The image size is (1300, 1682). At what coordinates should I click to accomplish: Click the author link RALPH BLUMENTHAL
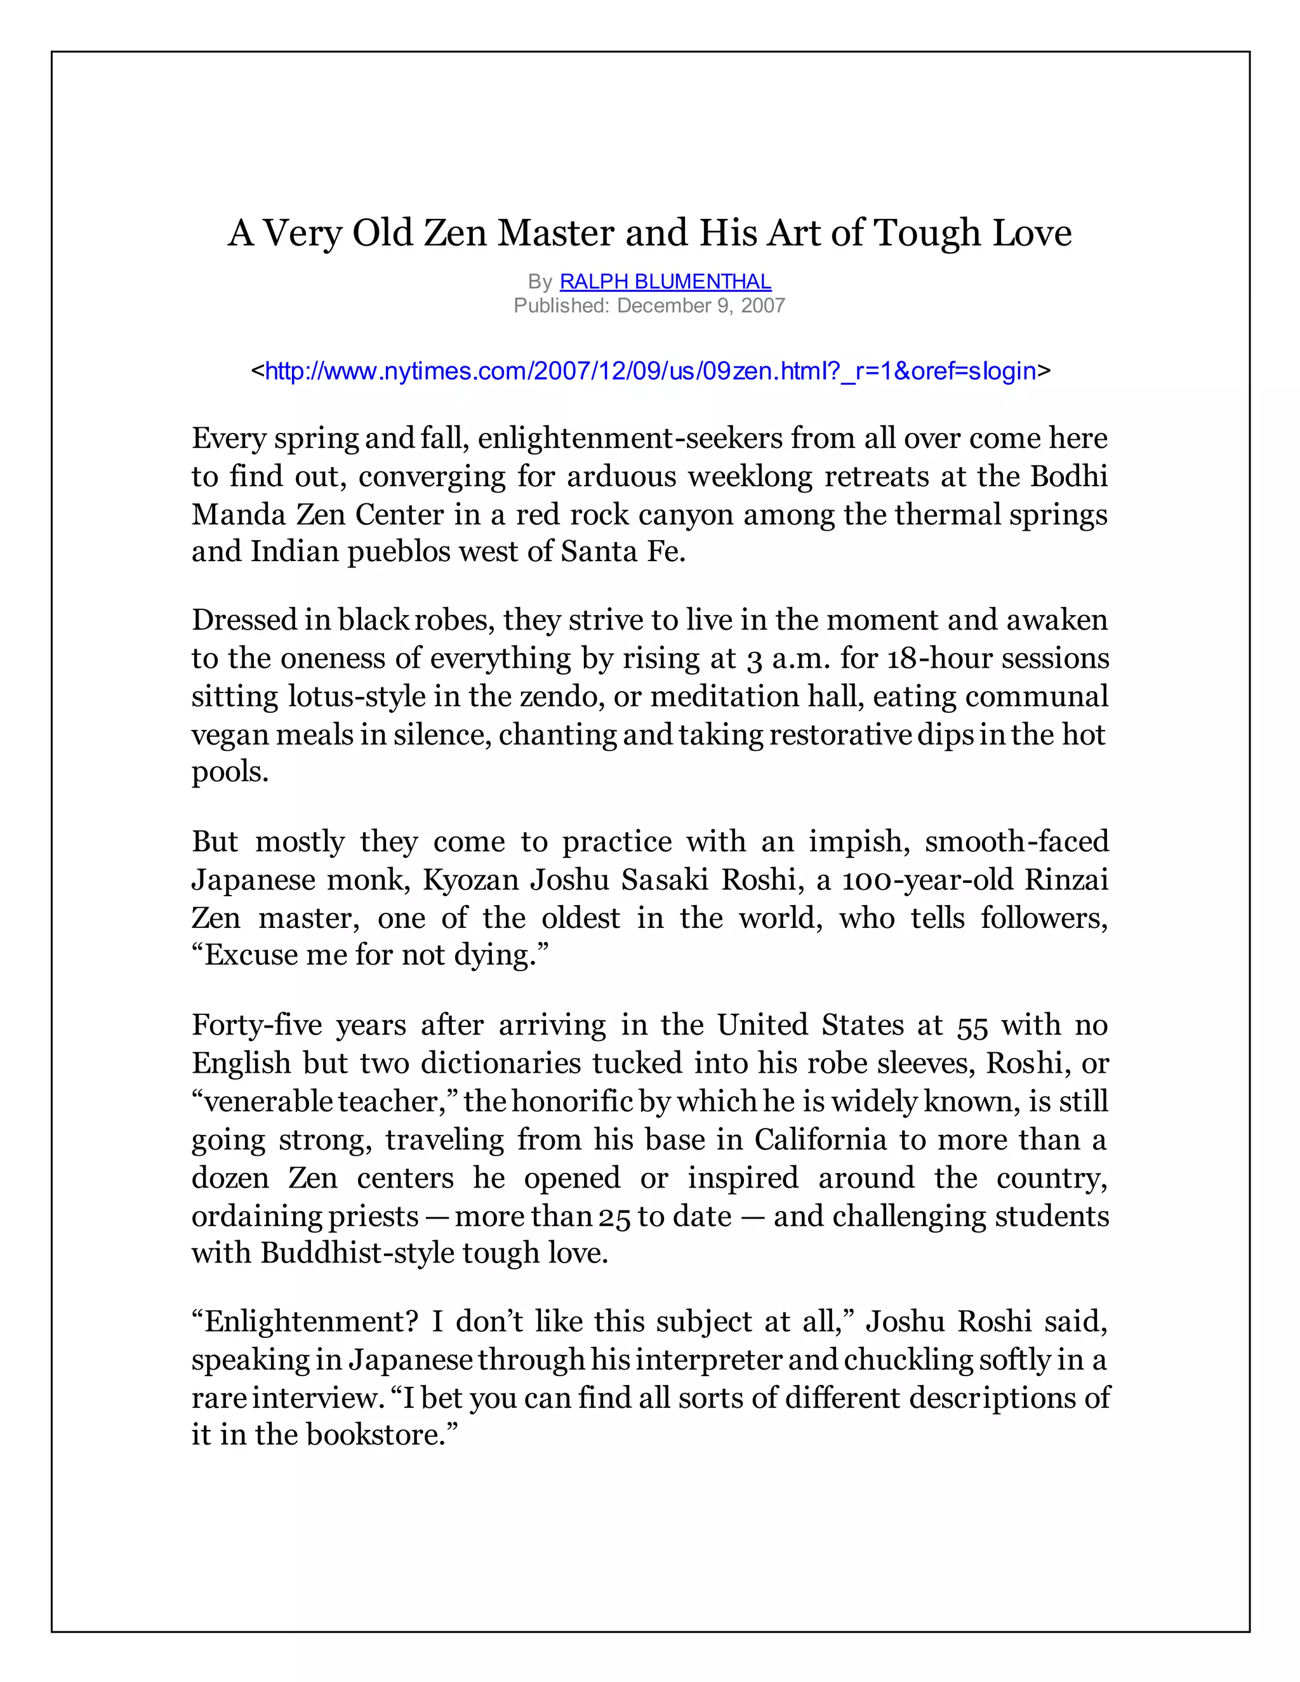[x=665, y=282]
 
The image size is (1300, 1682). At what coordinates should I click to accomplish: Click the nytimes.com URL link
[x=650, y=371]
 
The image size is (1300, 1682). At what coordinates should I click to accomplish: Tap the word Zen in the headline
[x=454, y=232]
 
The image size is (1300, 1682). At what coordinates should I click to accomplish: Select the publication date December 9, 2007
[x=700, y=306]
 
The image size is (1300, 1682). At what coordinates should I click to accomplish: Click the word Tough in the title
[x=928, y=232]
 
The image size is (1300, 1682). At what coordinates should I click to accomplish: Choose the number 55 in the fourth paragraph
[x=972, y=1026]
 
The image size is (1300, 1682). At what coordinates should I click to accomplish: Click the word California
[x=819, y=1139]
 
